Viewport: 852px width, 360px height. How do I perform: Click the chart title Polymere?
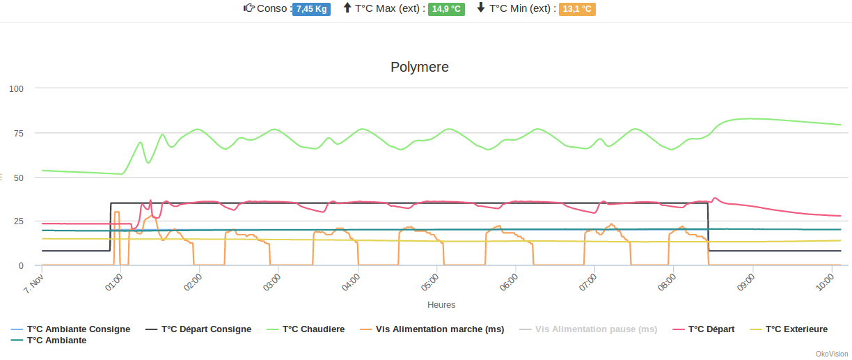point(419,68)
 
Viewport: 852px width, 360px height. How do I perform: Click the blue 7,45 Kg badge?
point(311,9)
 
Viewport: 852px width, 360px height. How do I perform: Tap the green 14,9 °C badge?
point(446,9)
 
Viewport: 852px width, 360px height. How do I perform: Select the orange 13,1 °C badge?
point(577,9)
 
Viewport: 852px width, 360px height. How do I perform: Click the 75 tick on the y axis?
point(19,133)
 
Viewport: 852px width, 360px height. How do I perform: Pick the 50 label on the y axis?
point(19,178)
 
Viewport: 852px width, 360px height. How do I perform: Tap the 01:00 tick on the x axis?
point(113,284)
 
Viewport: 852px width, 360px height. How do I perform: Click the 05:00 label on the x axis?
point(429,284)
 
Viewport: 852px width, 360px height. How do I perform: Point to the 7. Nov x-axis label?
point(33,284)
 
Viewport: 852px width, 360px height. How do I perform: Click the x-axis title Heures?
point(441,305)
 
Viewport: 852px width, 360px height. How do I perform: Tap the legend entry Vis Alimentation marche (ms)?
point(439,329)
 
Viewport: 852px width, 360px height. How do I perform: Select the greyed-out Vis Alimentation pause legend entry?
point(596,329)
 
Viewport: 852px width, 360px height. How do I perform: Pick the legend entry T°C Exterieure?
point(796,329)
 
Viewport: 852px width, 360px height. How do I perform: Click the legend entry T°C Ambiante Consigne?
point(78,329)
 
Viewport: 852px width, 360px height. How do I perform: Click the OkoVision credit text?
point(832,354)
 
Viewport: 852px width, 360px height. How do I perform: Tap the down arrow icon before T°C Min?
point(481,8)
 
